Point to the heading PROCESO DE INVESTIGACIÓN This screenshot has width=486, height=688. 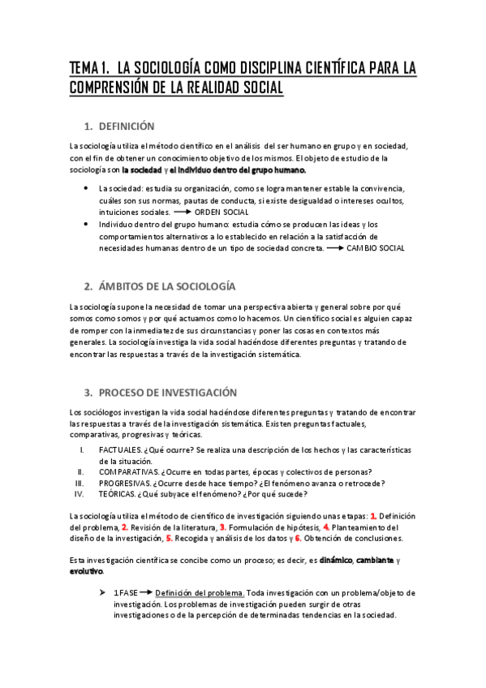pyautogui.click(x=168, y=392)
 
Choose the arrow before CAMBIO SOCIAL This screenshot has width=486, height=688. pyautogui.click(x=334, y=247)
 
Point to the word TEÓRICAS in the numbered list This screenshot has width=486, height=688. pyautogui.click(x=118, y=495)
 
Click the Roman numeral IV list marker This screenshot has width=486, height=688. pyautogui.click(x=79, y=495)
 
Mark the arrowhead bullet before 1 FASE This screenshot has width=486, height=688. pyautogui.click(x=101, y=592)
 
